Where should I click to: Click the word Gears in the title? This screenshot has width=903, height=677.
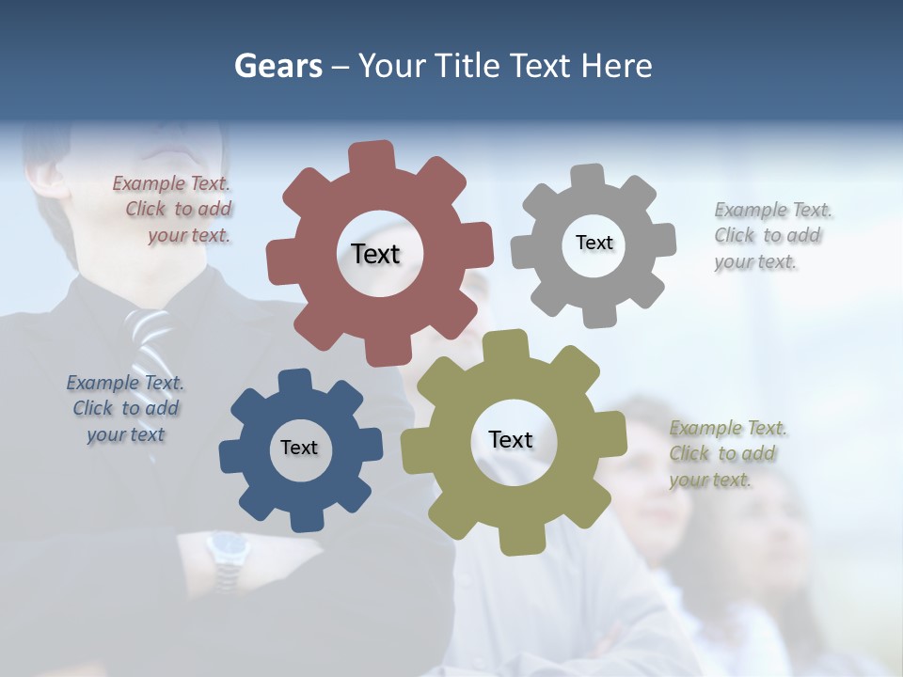click(x=277, y=66)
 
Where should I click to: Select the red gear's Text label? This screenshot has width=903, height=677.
click(x=375, y=254)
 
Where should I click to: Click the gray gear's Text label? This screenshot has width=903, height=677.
click(x=594, y=243)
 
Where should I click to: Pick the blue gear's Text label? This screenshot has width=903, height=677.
click(x=299, y=448)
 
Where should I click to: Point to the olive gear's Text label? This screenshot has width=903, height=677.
click(x=511, y=439)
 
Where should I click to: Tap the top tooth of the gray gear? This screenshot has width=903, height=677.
click(x=588, y=177)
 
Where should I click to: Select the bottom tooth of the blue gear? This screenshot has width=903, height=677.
click(x=305, y=518)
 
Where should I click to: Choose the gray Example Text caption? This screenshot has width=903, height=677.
click(x=771, y=236)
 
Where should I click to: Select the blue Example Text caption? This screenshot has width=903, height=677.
click(x=125, y=409)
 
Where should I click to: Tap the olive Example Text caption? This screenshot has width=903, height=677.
click(x=727, y=454)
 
